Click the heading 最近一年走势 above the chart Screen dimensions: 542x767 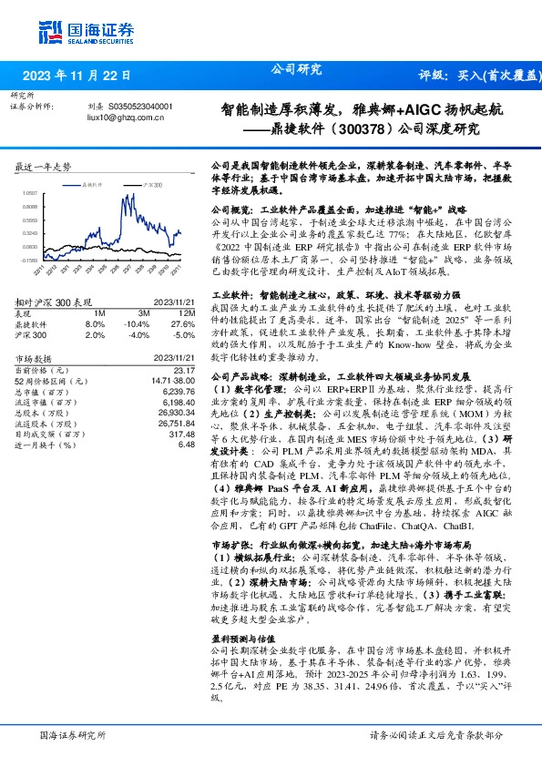(45, 168)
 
